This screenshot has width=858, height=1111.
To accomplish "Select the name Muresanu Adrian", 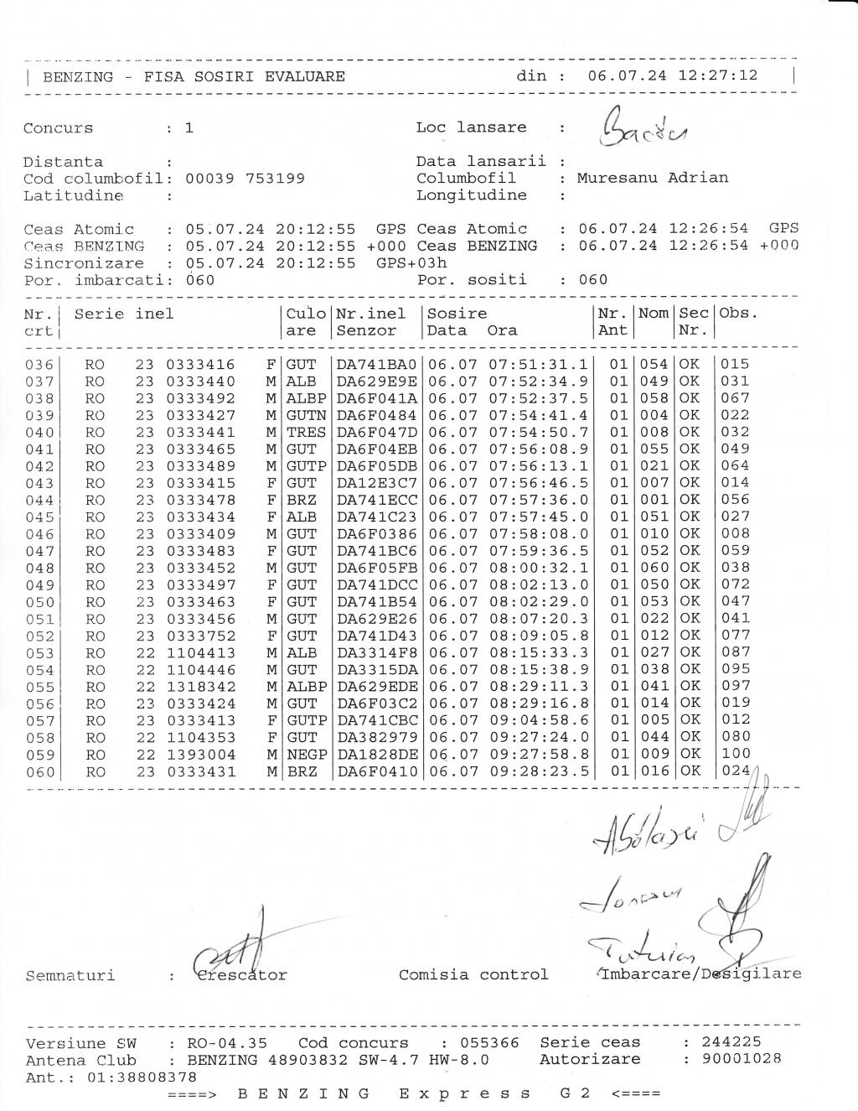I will pos(652,178).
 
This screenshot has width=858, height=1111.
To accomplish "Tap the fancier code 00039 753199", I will pos(245,179).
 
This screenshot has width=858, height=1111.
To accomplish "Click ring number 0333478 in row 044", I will pos(201,500).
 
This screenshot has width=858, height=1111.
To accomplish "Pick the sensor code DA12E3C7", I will pos(376,483).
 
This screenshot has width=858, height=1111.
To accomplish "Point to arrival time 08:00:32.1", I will pos(538,568).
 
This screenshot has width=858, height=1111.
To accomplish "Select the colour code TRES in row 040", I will pos(306,432).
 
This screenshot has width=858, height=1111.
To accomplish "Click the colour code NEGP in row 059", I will pos(306,755).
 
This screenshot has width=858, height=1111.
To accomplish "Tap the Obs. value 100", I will pos(736,754).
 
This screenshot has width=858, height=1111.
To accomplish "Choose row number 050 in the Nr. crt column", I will pos(39,602).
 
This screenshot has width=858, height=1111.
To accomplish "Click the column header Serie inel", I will pos(124,314).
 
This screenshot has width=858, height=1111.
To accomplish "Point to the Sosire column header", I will pos(457,314).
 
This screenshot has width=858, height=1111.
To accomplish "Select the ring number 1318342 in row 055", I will pos(201,687).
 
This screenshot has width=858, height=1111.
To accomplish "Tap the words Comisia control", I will pos(473,974).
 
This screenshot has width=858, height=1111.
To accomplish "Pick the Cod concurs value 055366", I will pos(489,1043).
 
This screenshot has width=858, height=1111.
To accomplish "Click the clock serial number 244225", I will pos(731,1042).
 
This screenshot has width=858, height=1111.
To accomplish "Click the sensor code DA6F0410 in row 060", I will pos(376,771).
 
